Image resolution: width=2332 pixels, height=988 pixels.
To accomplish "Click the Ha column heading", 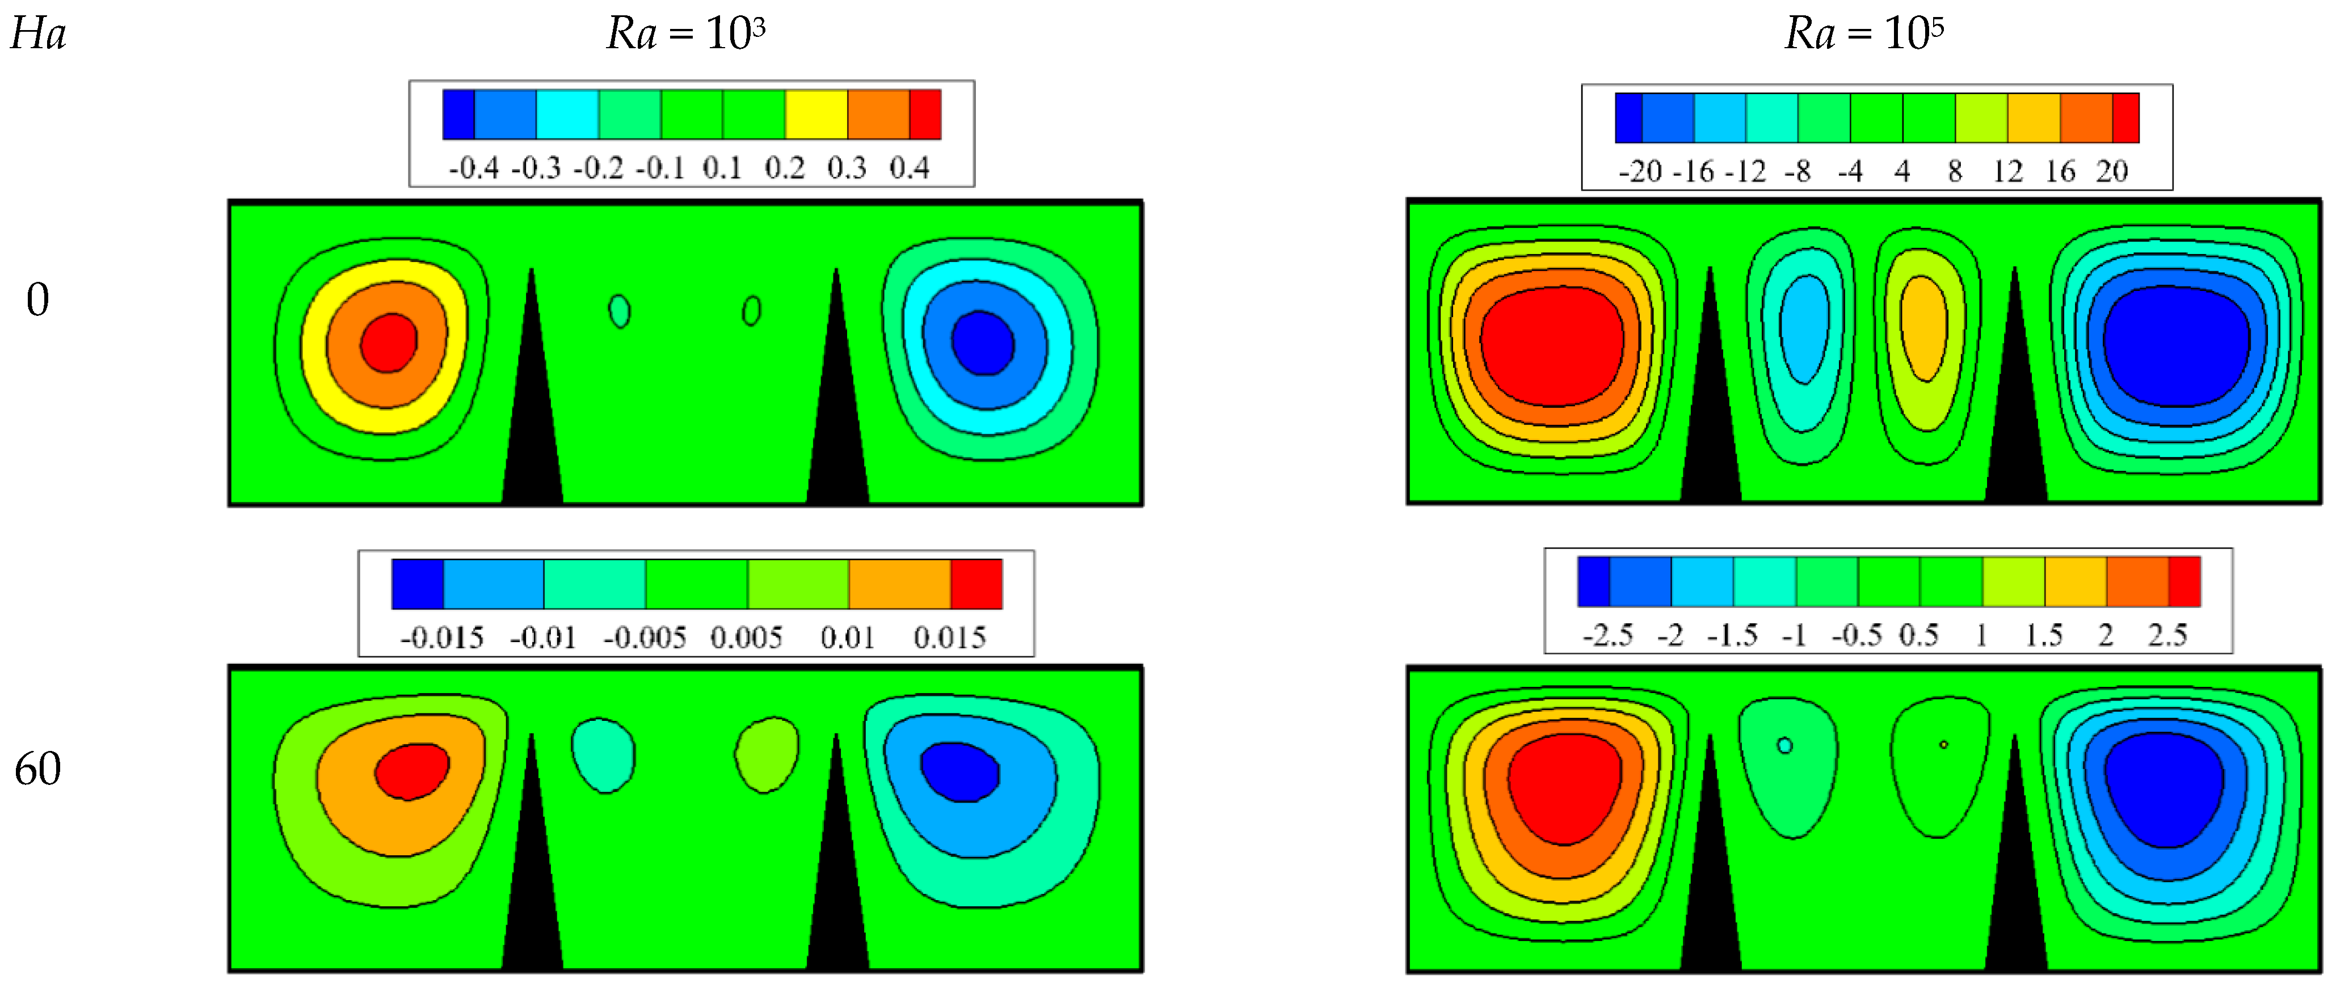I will pyautogui.click(x=38, y=35).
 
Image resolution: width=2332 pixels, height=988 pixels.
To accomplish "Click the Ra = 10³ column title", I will pyautogui.click(x=685, y=35).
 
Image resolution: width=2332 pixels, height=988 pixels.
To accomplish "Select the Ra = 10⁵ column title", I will pyautogui.click(x=1864, y=35).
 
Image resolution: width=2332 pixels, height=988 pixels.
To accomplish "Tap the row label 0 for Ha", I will pyautogui.click(x=37, y=299).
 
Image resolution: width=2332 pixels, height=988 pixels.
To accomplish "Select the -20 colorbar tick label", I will pyautogui.click(x=1639, y=172).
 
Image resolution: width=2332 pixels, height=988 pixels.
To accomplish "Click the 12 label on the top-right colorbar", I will pyautogui.click(x=2007, y=172).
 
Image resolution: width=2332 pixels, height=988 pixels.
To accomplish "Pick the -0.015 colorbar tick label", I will pyautogui.click(x=442, y=638).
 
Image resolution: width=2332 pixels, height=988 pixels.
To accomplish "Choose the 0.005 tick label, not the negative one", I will pyautogui.click(x=746, y=638).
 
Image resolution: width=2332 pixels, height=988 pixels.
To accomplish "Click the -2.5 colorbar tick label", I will pyautogui.click(x=1608, y=635).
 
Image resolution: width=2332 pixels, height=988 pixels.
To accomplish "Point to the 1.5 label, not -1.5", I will pyautogui.click(x=2043, y=635).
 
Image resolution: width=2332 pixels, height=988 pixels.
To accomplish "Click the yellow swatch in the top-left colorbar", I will pyautogui.click(x=816, y=115).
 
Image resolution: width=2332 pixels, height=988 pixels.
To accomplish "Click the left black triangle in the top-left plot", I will pyautogui.click(x=532, y=425).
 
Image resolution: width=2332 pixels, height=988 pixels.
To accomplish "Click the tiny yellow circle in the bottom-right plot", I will pyautogui.click(x=1944, y=745).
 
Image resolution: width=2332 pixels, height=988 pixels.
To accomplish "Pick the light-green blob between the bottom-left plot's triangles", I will pyautogui.click(x=766, y=754).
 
